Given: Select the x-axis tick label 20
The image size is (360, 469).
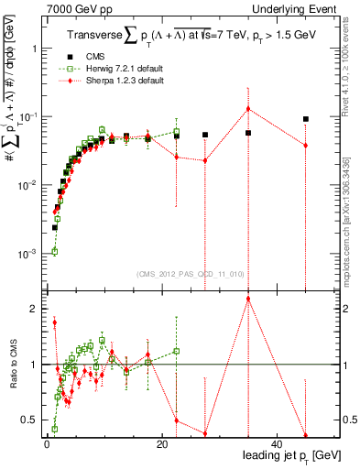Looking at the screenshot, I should click(x=161, y=444).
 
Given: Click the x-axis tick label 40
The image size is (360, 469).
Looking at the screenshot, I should click(x=278, y=444).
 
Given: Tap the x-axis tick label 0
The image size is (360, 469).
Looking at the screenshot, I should click(x=46, y=444).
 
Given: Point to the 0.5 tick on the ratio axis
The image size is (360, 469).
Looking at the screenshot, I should click(x=32, y=420).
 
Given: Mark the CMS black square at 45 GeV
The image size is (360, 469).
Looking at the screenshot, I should click(x=306, y=119).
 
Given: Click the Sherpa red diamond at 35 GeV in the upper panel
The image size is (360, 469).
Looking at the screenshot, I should click(x=248, y=109).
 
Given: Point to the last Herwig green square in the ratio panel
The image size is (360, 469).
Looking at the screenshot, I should click(x=176, y=351).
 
